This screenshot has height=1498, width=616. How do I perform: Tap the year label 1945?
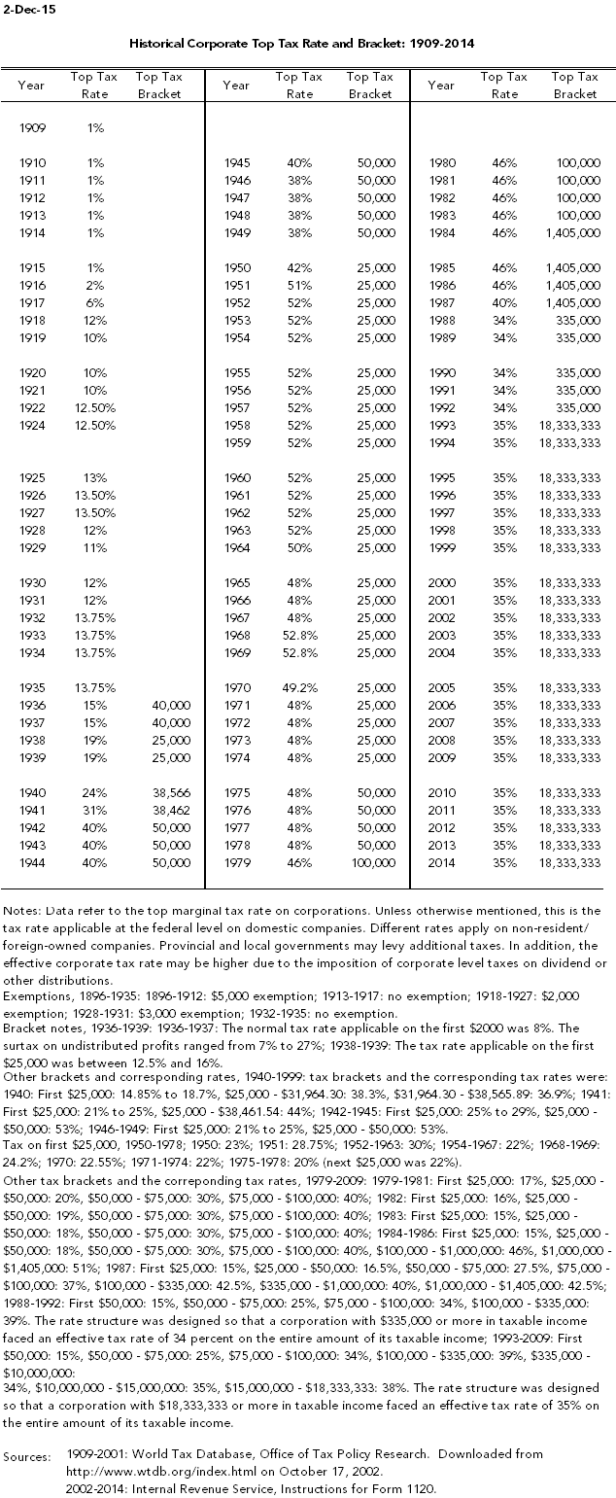[238, 163]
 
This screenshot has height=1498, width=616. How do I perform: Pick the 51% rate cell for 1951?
[299, 285]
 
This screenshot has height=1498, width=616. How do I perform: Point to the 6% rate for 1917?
[95, 302]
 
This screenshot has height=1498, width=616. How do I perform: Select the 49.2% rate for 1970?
[296, 686]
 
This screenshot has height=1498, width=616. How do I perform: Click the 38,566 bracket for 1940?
[171, 792]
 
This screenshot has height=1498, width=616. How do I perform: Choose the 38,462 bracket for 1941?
[171, 810]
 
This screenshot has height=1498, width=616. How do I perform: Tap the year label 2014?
[442, 862]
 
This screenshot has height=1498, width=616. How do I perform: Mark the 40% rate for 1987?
[504, 302]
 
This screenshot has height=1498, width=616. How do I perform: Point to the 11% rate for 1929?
[93, 547]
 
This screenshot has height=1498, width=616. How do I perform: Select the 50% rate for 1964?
[299, 547]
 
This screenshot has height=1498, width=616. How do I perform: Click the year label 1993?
[442, 425]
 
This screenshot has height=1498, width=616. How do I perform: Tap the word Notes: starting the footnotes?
[22, 910]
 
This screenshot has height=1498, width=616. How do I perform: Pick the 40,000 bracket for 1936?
[171, 704]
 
